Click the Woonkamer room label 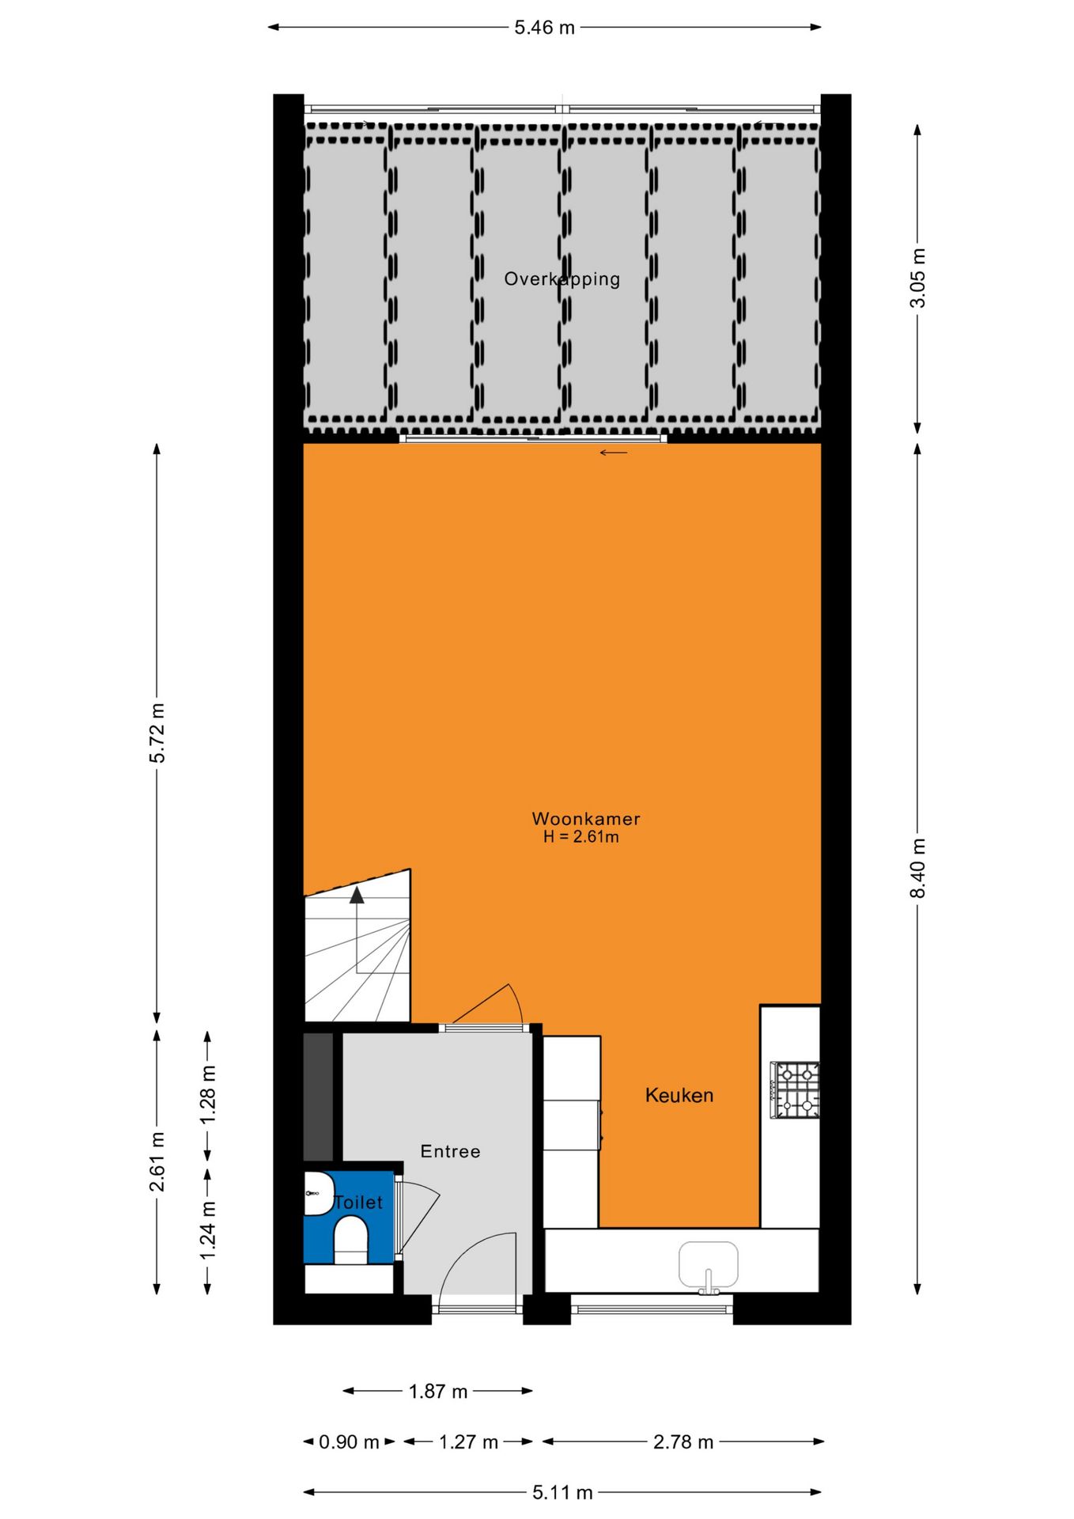click(x=585, y=819)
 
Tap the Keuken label click(x=679, y=1096)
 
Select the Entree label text click(x=450, y=1152)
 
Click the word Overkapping click(x=562, y=279)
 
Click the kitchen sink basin click(x=708, y=1263)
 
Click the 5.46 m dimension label click(x=544, y=28)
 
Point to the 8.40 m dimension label click(x=917, y=868)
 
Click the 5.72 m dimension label click(x=157, y=733)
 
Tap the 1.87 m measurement click(x=438, y=1392)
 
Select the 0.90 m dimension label click(x=349, y=1442)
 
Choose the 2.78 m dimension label click(x=683, y=1442)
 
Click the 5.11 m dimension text click(x=562, y=1493)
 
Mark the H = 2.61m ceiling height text click(x=581, y=837)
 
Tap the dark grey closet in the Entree click(x=319, y=1097)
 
